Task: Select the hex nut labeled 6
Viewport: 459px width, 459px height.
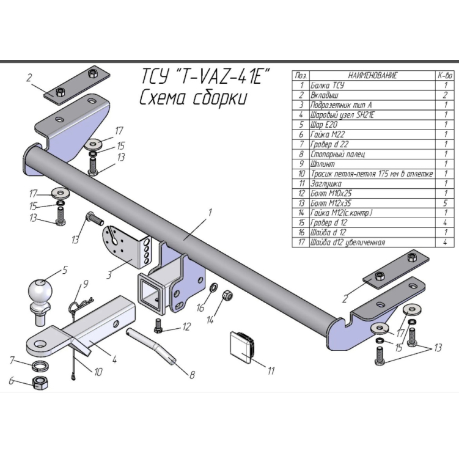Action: [41, 384]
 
